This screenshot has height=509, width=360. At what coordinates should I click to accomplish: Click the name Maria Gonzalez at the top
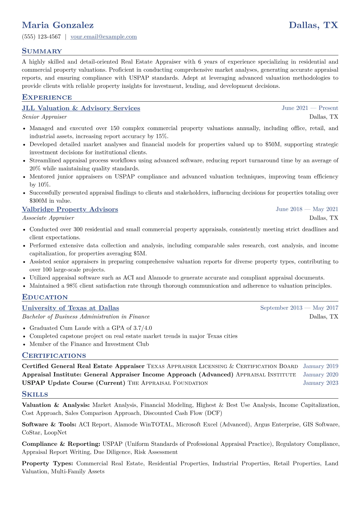tap(58, 25)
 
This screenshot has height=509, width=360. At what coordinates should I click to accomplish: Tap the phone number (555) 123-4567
tap(41, 37)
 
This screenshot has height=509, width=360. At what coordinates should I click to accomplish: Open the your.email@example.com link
tap(103, 37)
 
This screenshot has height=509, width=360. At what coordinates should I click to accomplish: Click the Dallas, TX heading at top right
tap(313, 25)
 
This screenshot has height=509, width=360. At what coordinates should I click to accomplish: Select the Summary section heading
tap(42, 51)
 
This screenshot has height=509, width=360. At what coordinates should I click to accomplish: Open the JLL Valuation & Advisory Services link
tap(81, 108)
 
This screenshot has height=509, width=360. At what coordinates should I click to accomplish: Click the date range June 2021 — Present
tap(310, 108)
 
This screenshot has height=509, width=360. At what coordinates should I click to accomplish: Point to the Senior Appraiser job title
tap(44, 117)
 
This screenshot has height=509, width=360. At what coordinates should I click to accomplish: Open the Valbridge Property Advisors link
tap(70, 209)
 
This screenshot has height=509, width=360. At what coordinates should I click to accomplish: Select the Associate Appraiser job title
tap(48, 218)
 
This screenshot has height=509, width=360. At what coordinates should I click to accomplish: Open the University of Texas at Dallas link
tap(70, 308)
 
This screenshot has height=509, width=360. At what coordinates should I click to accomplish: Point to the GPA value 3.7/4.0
tap(142, 328)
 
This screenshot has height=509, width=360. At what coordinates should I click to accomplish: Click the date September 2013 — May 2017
tap(299, 308)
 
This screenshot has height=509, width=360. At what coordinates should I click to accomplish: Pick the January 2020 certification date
tap(320, 375)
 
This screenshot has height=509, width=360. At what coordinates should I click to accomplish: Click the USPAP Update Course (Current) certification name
tap(74, 383)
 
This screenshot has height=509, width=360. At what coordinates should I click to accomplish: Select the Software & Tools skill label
tap(49, 425)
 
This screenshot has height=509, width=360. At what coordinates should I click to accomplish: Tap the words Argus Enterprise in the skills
tap(277, 425)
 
